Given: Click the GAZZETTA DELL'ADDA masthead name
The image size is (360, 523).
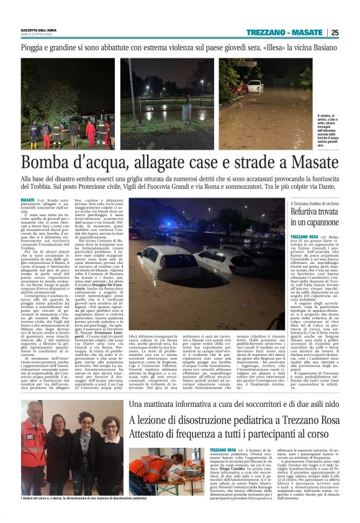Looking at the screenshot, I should (39, 30).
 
